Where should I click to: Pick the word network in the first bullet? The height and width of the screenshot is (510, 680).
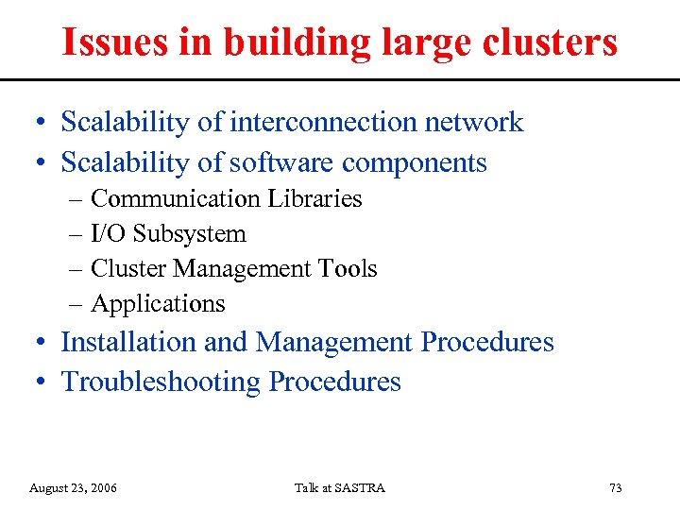click(x=473, y=122)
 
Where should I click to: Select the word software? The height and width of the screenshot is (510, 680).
click(x=281, y=162)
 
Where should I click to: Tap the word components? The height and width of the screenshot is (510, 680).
click(x=415, y=162)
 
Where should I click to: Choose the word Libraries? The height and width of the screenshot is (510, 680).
click(x=314, y=198)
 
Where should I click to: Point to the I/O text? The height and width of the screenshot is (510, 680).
click(x=108, y=233)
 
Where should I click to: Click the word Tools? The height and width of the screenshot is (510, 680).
click(x=348, y=268)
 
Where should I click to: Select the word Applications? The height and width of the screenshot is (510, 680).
click(x=158, y=304)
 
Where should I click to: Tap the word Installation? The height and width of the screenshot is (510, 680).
click(x=130, y=341)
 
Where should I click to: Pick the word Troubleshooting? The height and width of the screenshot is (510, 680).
click(x=161, y=382)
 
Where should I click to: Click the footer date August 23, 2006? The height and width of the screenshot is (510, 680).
click(x=74, y=487)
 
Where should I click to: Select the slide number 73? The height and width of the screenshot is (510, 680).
click(x=616, y=487)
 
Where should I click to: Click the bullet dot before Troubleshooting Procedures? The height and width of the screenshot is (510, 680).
click(x=42, y=382)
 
